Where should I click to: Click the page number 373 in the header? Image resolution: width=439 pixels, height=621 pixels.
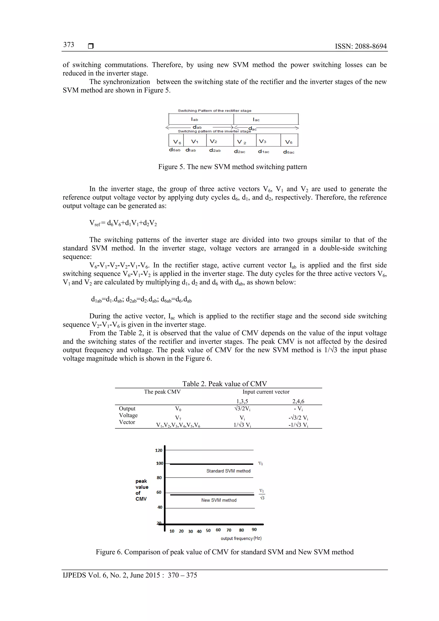point(69,45)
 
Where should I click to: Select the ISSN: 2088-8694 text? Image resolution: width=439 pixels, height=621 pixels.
point(361,46)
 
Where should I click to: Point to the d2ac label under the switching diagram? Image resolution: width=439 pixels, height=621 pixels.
point(239,152)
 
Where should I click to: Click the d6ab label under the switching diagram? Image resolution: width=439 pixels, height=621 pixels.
point(175,150)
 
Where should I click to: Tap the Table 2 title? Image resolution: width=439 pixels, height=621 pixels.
point(224,383)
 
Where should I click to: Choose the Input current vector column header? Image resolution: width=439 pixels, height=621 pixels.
point(266,392)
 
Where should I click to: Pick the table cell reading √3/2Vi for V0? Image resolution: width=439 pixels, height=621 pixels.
point(242,408)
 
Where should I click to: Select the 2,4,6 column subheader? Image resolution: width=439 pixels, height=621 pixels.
point(298,401)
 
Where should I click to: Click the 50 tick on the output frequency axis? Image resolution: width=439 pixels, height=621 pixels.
point(208,530)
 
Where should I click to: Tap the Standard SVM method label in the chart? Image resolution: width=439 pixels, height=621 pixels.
point(228,471)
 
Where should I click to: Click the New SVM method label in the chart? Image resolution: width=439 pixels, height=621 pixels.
point(219,500)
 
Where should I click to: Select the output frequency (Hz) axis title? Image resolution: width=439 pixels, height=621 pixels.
point(241,538)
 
